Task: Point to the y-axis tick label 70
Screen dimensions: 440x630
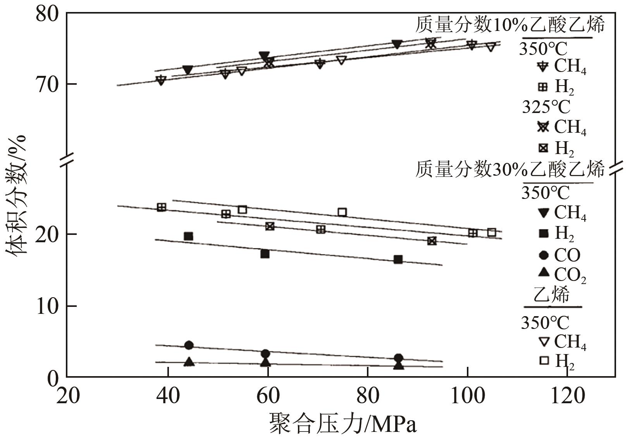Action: [47, 84]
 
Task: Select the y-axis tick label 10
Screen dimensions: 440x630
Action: [47, 306]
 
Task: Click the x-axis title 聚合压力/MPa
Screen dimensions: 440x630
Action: [343, 423]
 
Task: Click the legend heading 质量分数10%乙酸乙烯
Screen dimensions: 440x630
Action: [510, 25]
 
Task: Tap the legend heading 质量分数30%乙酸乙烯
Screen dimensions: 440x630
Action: [510, 169]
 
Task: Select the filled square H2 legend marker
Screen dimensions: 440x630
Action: [544, 233]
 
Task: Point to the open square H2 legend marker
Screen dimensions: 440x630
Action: [544, 361]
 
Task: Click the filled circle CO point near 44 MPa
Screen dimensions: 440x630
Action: [189, 345]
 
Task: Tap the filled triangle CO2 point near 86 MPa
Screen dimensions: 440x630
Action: [398, 365]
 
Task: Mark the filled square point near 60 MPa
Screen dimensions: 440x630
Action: [265, 254]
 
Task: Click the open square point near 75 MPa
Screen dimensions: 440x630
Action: [342, 212]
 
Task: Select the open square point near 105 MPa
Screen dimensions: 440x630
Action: [491, 233]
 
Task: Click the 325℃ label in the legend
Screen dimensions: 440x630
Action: [546, 107]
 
